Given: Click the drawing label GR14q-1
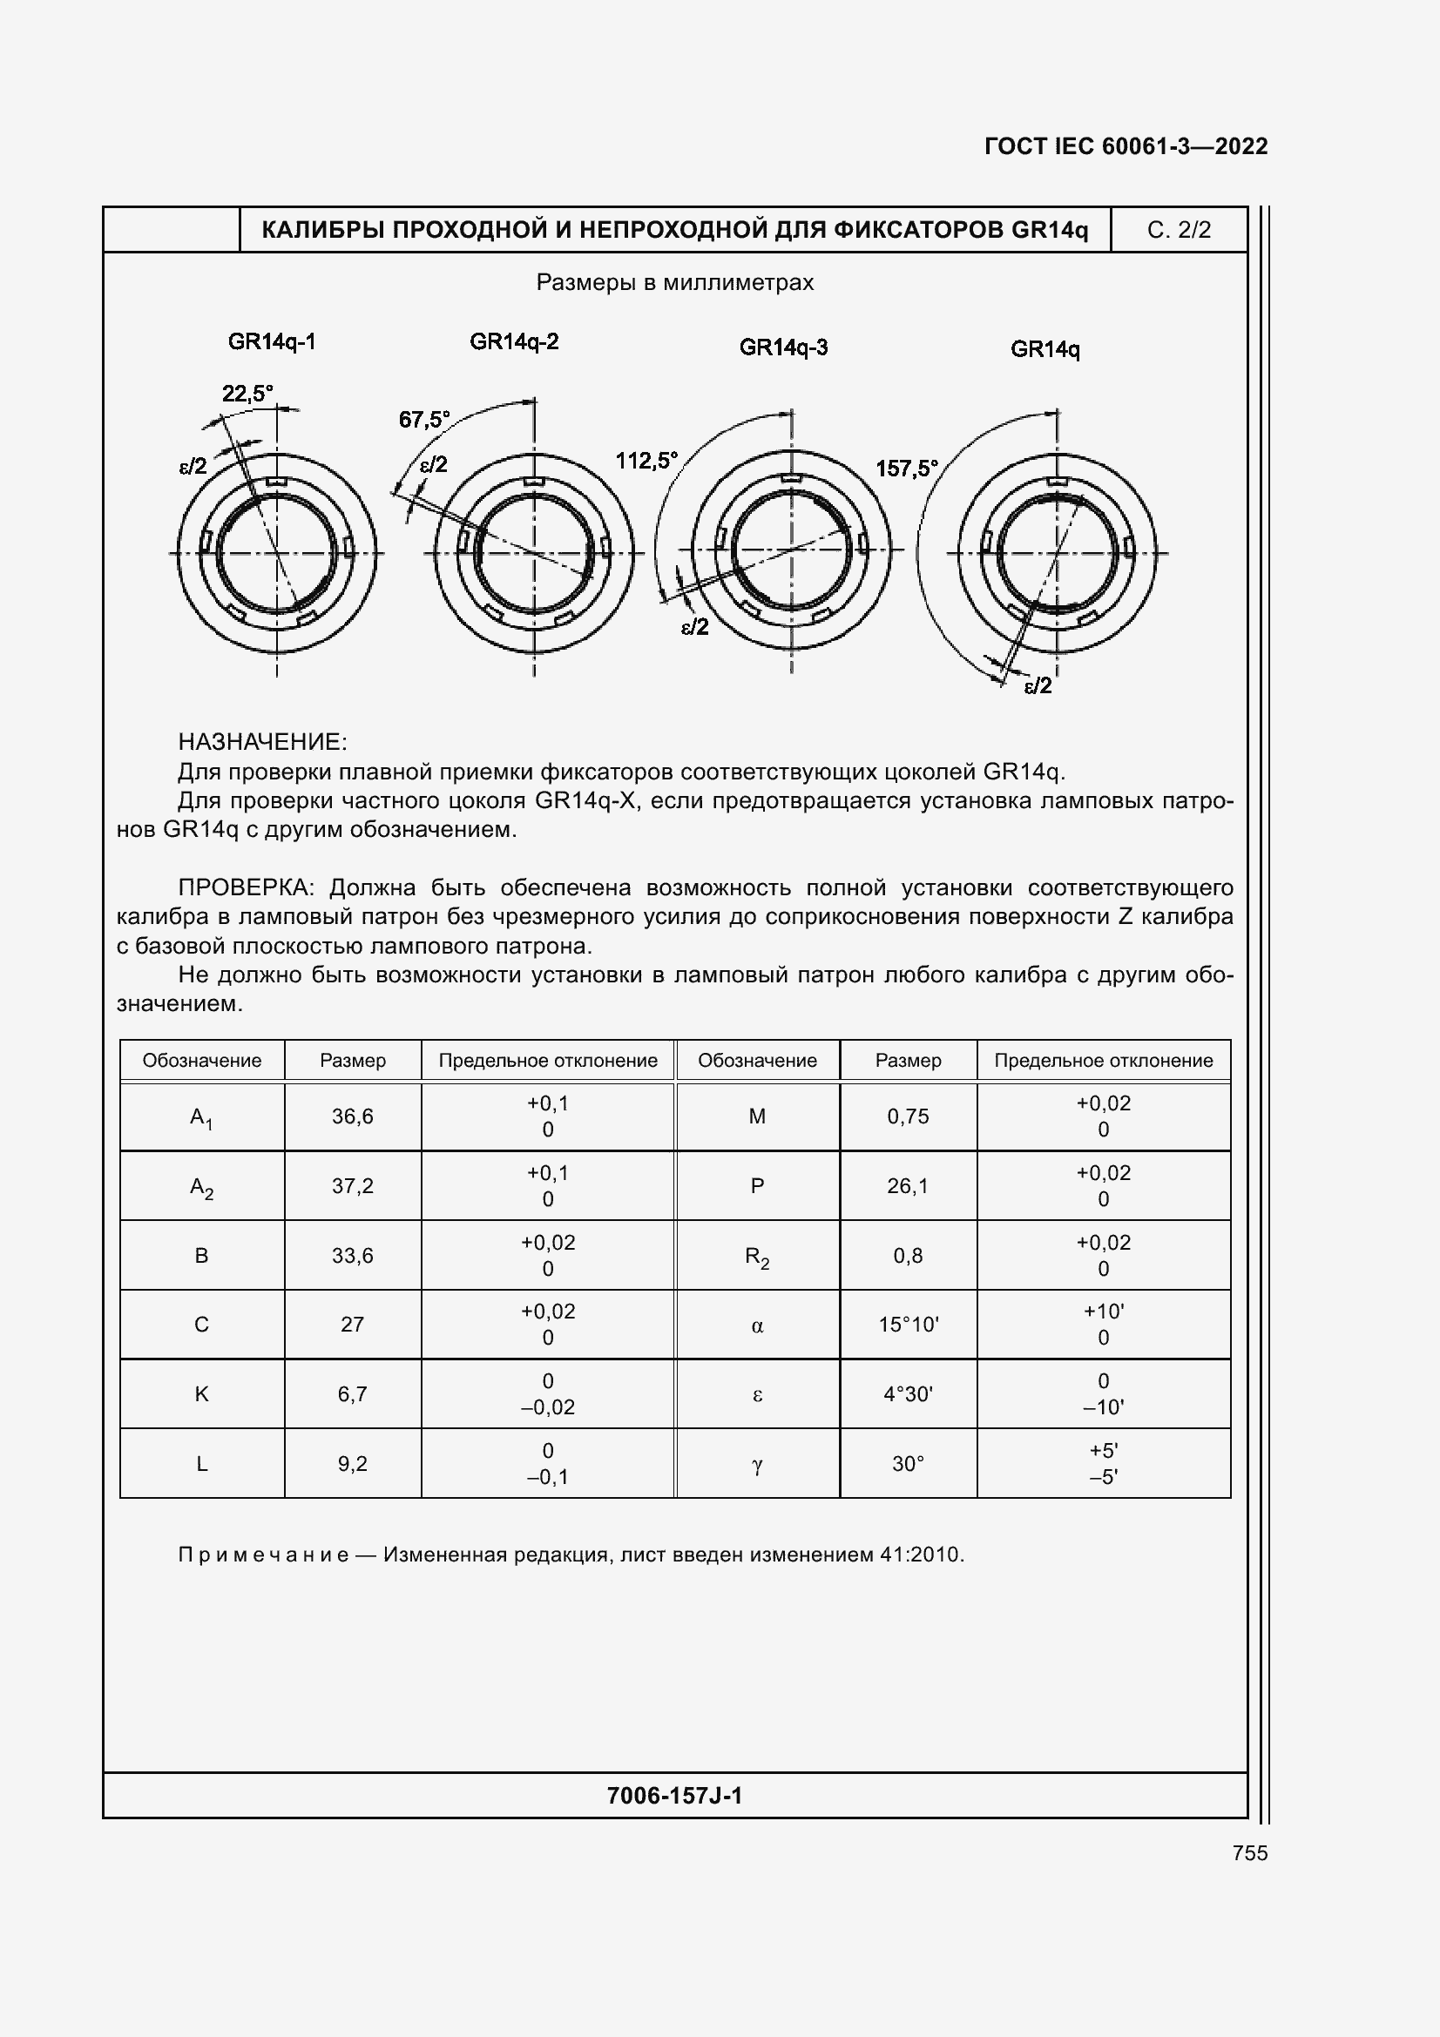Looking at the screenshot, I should [272, 341].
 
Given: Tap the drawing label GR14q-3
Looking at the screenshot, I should [783, 347].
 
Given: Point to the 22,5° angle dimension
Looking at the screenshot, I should [247, 393].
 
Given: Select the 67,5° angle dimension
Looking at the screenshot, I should [424, 419].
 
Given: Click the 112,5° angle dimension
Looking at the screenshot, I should [646, 461].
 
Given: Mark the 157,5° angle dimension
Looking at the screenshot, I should [907, 468].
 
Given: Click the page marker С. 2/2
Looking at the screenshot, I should [1179, 230].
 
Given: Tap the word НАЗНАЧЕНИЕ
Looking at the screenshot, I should [262, 742].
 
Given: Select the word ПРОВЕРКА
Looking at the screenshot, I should [246, 887].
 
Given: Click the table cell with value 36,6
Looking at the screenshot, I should [352, 1116].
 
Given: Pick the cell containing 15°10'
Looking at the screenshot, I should [908, 1325].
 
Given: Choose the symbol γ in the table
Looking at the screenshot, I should [757, 1464].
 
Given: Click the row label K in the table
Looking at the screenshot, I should [201, 1393].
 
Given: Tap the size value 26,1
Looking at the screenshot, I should [908, 1185].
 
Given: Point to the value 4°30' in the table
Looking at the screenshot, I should [908, 1393].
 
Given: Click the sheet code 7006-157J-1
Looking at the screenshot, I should [674, 1796].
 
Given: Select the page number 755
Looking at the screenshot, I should [1249, 1853].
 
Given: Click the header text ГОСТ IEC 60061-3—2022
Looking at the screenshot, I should [1125, 146].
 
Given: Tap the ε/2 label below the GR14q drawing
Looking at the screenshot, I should [1038, 685].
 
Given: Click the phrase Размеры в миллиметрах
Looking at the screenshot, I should [674, 282].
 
